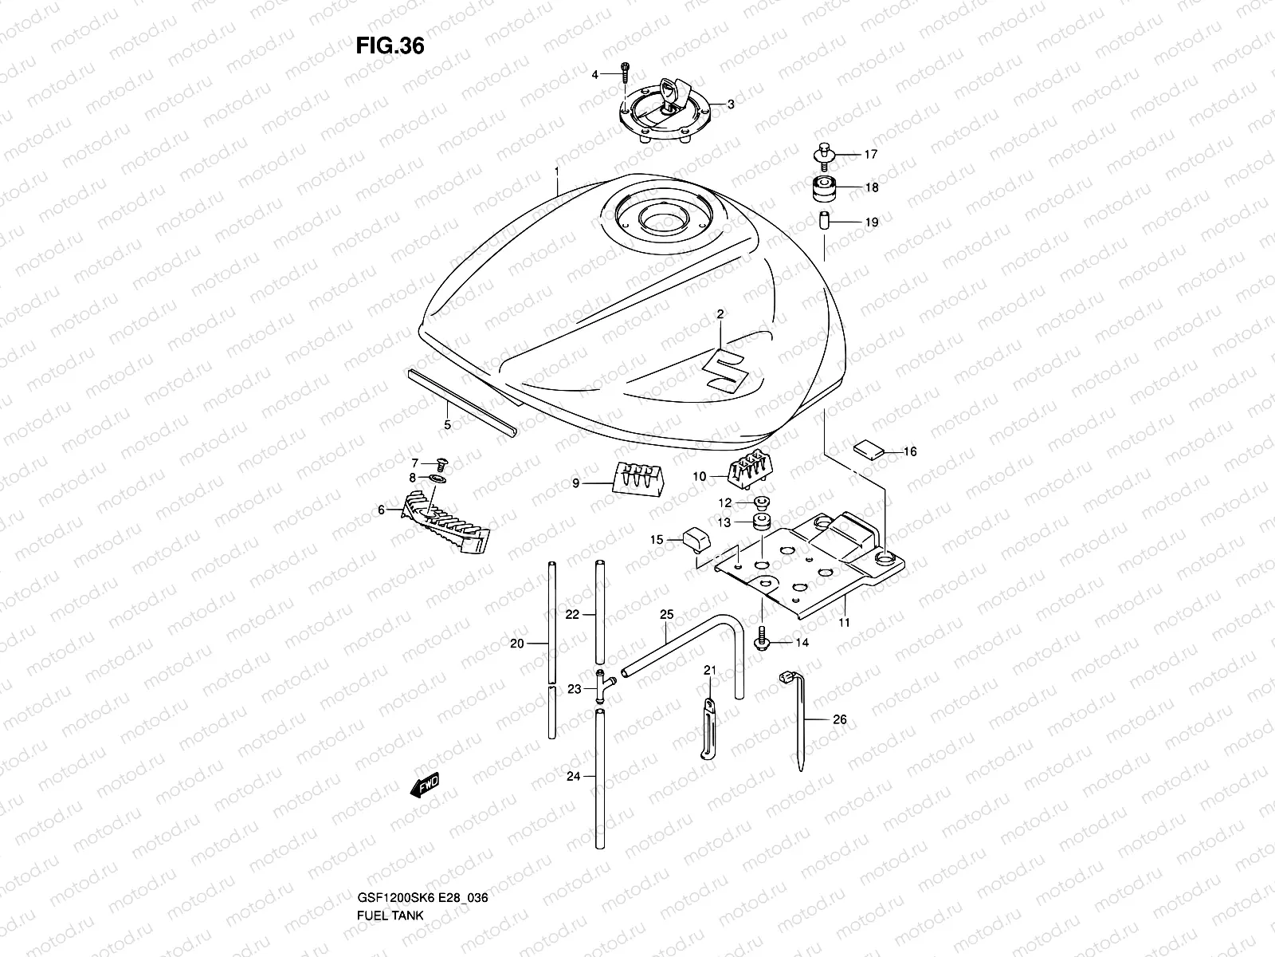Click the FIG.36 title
click(390, 46)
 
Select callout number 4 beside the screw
click(594, 75)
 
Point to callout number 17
click(871, 154)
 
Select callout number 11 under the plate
click(844, 622)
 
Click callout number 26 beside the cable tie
click(839, 719)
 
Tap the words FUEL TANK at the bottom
click(384, 935)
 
